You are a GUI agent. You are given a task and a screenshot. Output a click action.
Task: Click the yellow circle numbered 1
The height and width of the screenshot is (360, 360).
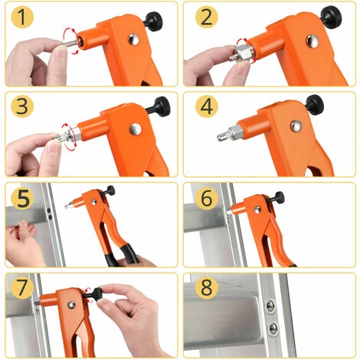click(x=24, y=18)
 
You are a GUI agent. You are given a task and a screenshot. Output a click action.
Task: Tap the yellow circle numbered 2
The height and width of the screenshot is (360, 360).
click(x=205, y=18)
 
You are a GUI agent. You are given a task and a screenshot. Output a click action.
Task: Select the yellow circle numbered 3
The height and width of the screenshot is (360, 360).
click(x=24, y=108)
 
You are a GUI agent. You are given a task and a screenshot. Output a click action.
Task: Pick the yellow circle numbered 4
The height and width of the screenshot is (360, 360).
click(x=205, y=108)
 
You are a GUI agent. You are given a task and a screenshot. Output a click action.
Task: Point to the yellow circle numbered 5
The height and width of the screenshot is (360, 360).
click(x=24, y=198)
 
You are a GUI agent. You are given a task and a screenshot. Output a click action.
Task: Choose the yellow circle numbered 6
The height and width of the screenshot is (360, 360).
click(x=205, y=198)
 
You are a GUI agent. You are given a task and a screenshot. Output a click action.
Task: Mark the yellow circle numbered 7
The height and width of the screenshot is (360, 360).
click(x=24, y=290)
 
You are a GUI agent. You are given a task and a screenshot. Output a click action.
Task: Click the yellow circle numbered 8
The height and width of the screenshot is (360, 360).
click(x=205, y=290)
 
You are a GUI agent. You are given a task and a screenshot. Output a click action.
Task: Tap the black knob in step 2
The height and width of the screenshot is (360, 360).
click(x=332, y=14)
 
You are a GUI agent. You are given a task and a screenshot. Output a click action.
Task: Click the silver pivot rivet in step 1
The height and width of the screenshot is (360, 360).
click(x=135, y=40)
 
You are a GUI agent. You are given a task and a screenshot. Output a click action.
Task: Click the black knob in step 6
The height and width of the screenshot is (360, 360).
click(x=277, y=198)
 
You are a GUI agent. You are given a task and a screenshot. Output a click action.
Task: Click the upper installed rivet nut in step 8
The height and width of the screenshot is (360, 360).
click(x=270, y=307)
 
